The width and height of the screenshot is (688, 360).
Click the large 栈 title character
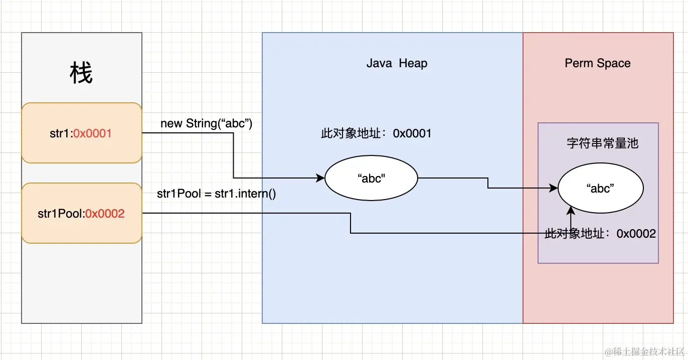click(x=81, y=73)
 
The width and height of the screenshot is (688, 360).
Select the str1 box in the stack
click(x=82, y=133)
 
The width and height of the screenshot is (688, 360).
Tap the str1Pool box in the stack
click(x=82, y=214)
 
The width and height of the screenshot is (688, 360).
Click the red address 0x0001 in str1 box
click(x=92, y=133)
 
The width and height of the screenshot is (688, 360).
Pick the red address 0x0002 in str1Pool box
click(x=105, y=214)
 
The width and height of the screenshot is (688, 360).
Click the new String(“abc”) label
click(x=206, y=123)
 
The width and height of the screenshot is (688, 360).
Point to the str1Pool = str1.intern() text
click(x=217, y=194)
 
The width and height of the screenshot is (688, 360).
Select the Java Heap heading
click(x=397, y=63)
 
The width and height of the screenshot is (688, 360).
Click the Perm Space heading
click(x=598, y=63)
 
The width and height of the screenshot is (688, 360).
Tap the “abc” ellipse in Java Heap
click(x=372, y=178)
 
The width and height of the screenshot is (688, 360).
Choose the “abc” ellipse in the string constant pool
click(x=600, y=188)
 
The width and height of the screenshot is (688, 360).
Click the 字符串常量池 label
click(x=602, y=143)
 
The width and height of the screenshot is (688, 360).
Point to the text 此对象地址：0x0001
click(x=376, y=133)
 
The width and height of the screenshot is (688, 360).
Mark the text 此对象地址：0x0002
click(x=600, y=234)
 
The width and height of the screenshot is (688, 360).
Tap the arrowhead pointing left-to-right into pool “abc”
click(x=554, y=188)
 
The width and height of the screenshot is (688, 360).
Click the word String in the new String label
click(x=200, y=123)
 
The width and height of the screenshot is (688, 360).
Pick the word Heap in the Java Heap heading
click(x=413, y=63)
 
